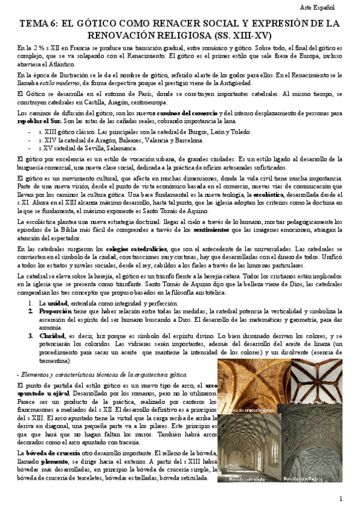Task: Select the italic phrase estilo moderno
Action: tap(55, 82)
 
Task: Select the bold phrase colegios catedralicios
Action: tap(144, 248)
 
